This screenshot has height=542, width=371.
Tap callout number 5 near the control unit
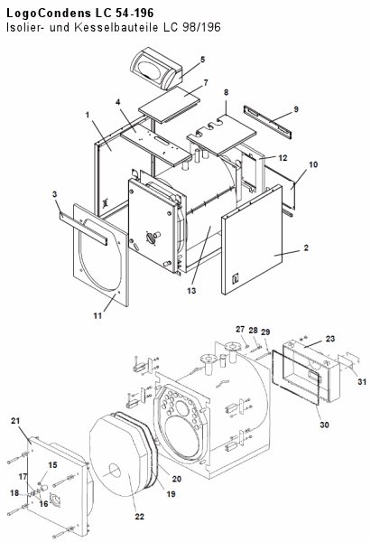(x=203, y=60)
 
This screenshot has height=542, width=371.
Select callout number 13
(x=191, y=291)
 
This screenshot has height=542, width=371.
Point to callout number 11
(x=97, y=315)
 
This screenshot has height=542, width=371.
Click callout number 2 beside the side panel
(x=306, y=248)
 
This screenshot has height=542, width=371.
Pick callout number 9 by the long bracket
(x=296, y=109)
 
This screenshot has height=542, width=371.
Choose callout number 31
(x=362, y=381)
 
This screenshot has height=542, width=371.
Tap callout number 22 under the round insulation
(x=139, y=517)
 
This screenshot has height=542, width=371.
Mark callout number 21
(x=15, y=421)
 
